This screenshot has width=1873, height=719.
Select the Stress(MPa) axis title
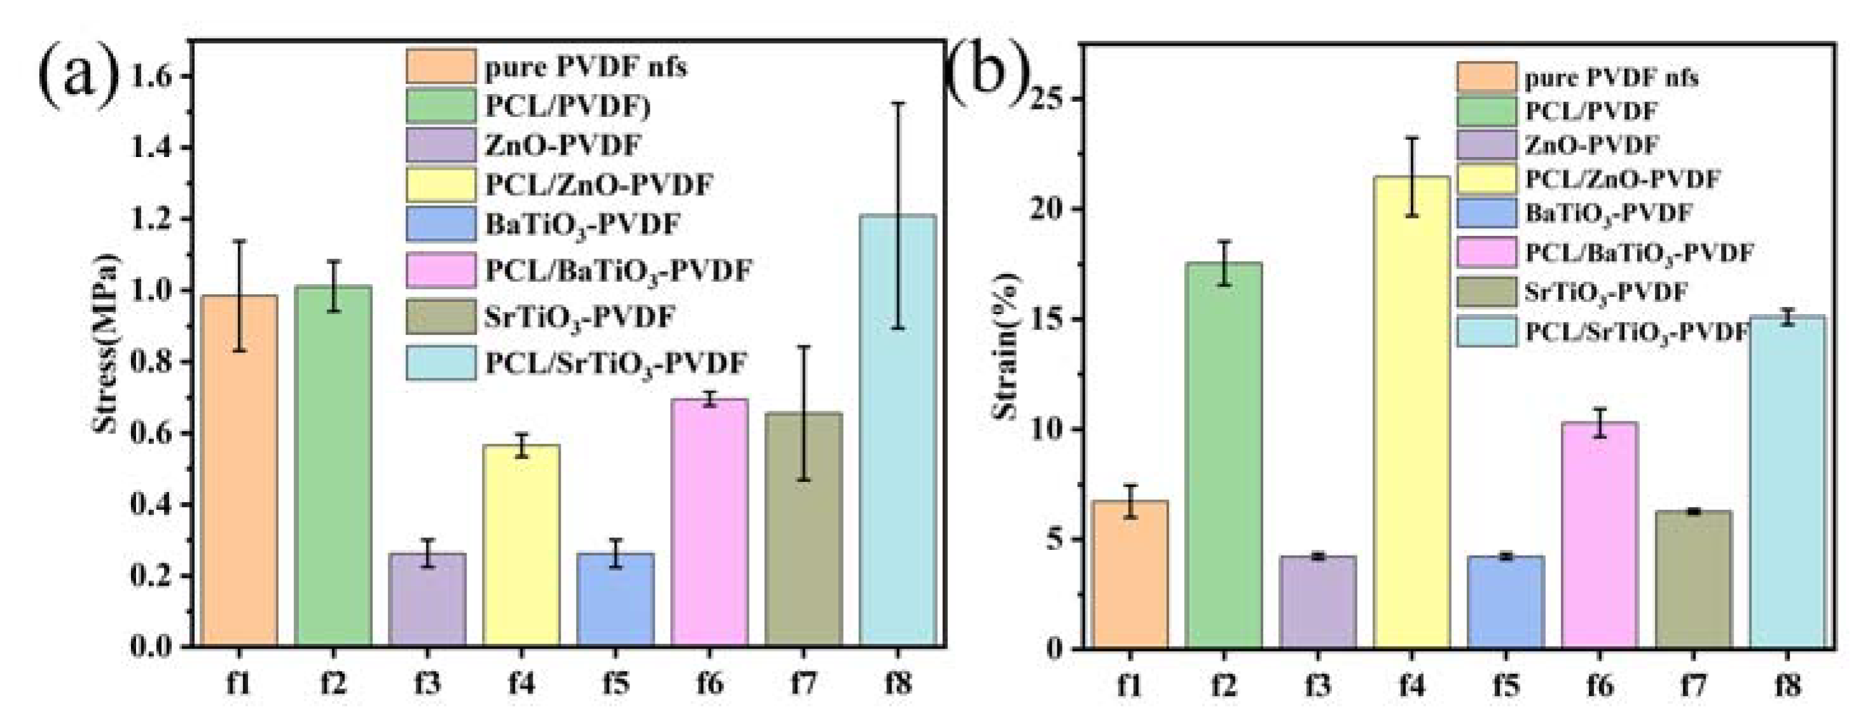107,343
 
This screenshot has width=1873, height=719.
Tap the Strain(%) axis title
1007,346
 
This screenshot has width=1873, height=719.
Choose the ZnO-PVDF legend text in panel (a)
562,146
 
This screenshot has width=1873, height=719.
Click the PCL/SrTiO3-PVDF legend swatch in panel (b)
1486,331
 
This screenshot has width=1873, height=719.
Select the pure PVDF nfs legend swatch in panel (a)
441,67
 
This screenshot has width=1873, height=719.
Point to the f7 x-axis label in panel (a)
804,684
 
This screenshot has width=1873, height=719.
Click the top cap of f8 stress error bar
898,103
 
